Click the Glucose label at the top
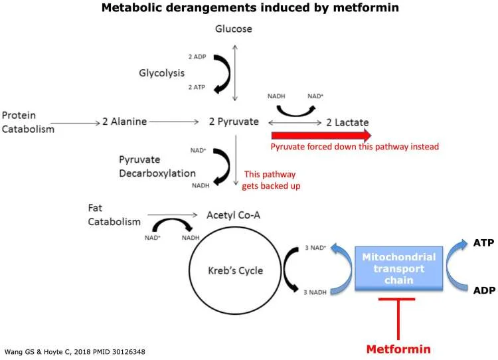pos(234,29)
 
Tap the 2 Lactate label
pos(347,122)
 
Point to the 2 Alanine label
pos(124,122)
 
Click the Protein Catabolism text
pos(28,122)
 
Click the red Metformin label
pos(399,349)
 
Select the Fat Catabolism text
pos(114,215)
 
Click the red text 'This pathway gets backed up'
pos(273,179)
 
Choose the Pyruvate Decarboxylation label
pos(157,167)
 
